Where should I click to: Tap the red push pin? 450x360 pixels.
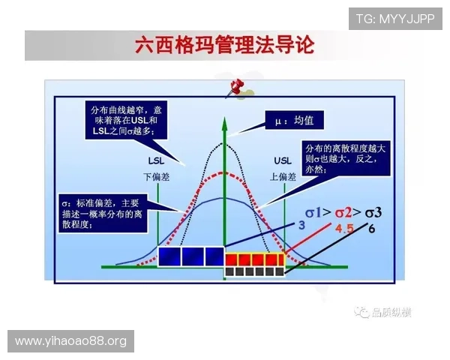240,87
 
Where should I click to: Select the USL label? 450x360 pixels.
282,160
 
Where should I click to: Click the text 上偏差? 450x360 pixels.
282,177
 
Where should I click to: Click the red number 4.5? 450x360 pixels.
344,228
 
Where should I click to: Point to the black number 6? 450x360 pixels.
372,227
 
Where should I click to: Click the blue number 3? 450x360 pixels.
301,224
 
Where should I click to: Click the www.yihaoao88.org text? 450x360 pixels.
71,342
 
